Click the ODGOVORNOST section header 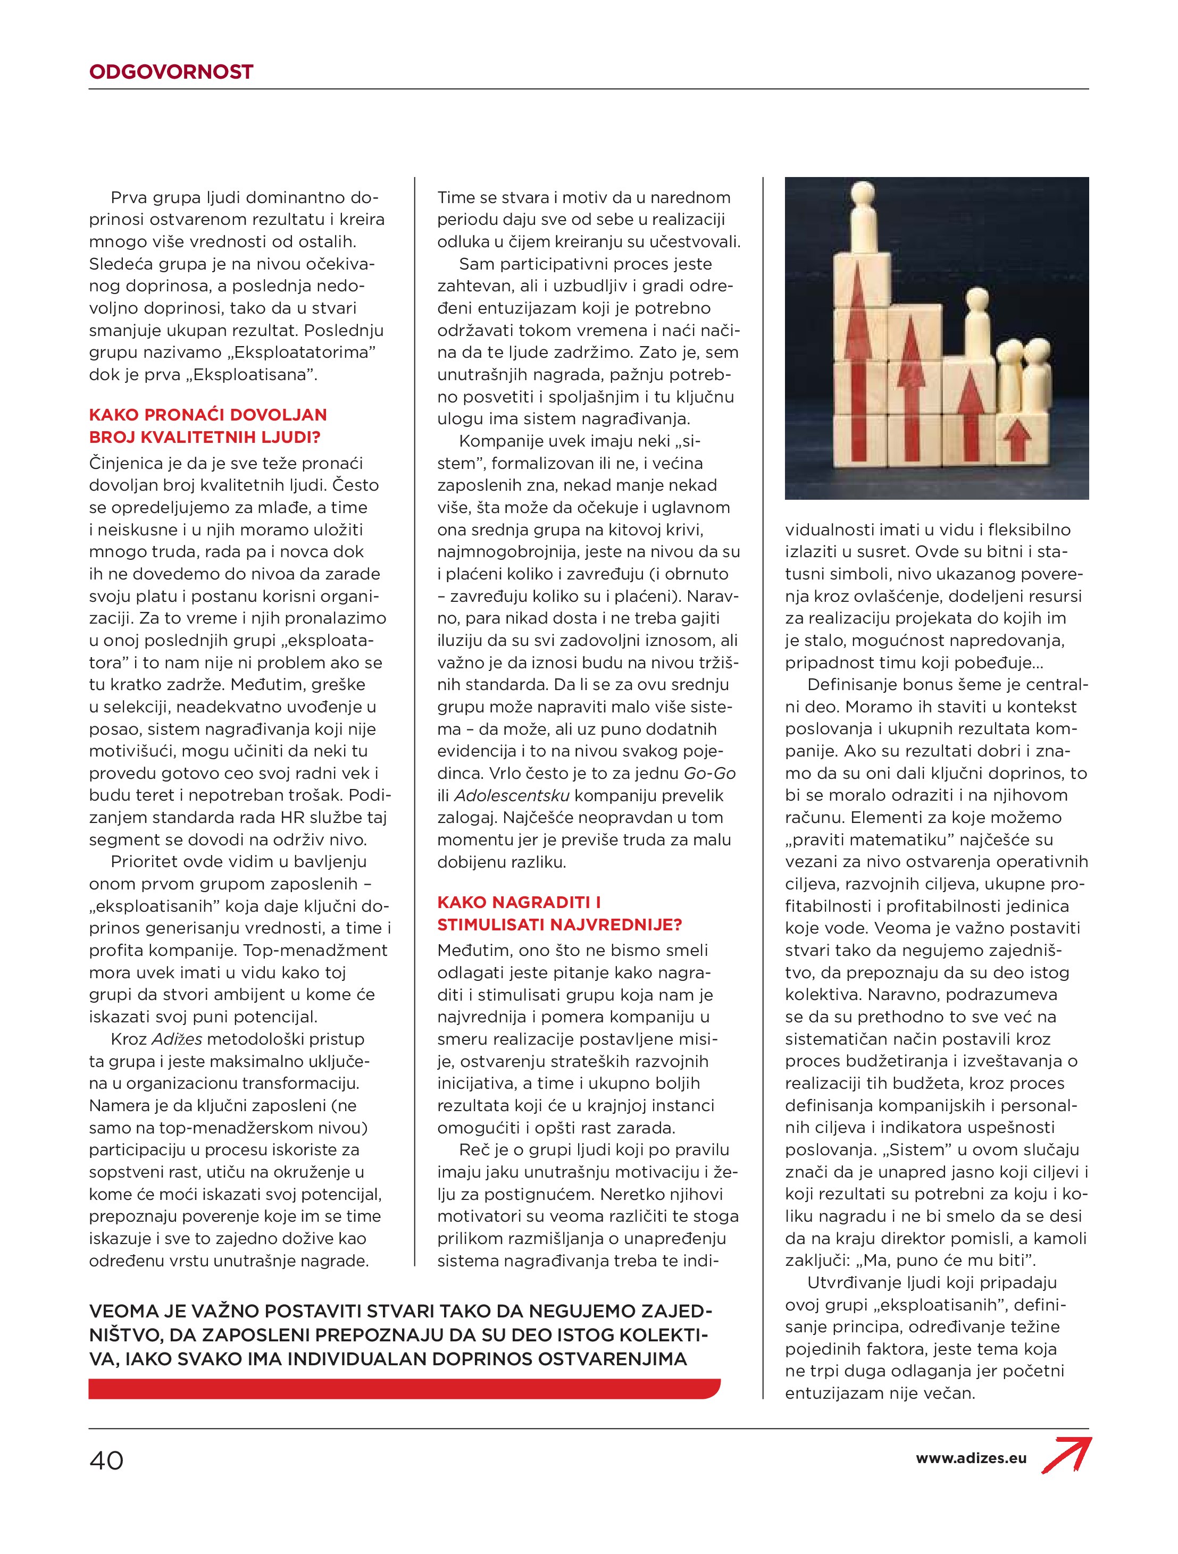click(x=171, y=72)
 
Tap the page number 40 click(x=107, y=1460)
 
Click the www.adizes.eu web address click(x=971, y=1458)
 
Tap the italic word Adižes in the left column click(x=177, y=1039)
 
